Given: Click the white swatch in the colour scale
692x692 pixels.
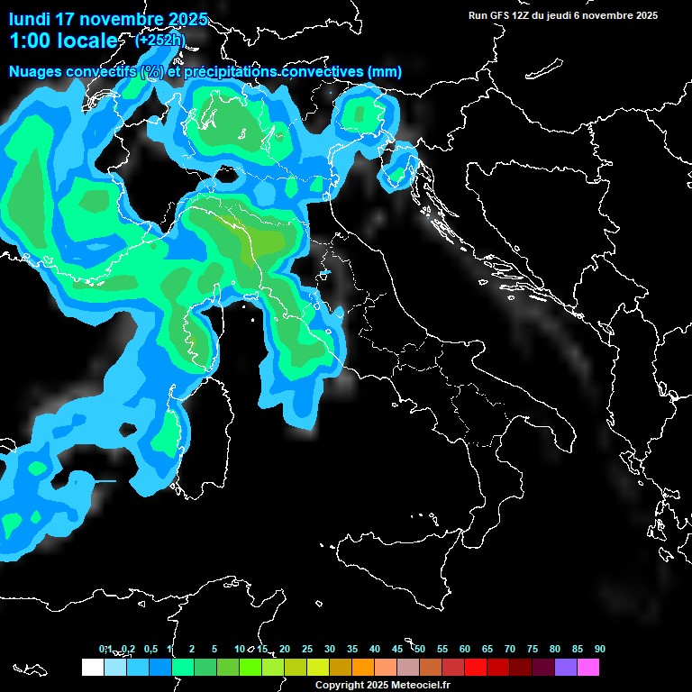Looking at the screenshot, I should pyautogui.click(x=92, y=667).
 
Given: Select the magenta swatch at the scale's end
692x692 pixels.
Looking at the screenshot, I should pyautogui.click(x=588, y=667).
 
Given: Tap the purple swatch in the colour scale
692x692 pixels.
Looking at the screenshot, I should pyautogui.click(x=566, y=667).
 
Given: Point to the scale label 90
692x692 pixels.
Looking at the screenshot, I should pyautogui.click(x=600, y=649).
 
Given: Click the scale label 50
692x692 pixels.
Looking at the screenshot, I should pyautogui.click(x=420, y=649).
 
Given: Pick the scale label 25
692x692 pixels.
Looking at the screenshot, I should pyautogui.click(x=307, y=649).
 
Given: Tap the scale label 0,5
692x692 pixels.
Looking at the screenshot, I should pyautogui.click(x=150, y=649).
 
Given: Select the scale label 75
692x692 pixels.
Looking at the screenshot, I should pyautogui.click(x=533, y=649).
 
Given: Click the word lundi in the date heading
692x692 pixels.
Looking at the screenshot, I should pyautogui.click(x=30, y=19).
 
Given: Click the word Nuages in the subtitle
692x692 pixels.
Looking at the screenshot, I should pyautogui.click(x=36, y=72).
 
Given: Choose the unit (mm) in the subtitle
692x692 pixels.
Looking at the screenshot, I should pyautogui.click(x=385, y=72).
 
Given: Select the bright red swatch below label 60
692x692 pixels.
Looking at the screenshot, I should pyautogui.click(x=476, y=667).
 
